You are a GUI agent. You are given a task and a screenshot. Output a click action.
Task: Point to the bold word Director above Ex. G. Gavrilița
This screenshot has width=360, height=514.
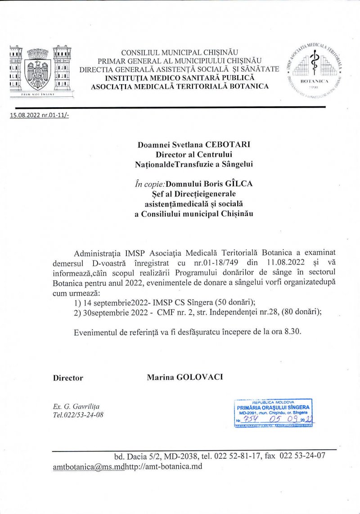[x=68, y=378]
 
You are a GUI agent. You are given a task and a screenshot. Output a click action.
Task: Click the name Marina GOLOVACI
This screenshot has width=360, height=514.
[x=184, y=377]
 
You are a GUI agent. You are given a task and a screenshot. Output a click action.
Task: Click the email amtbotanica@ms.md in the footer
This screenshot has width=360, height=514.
[x=88, y=466]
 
